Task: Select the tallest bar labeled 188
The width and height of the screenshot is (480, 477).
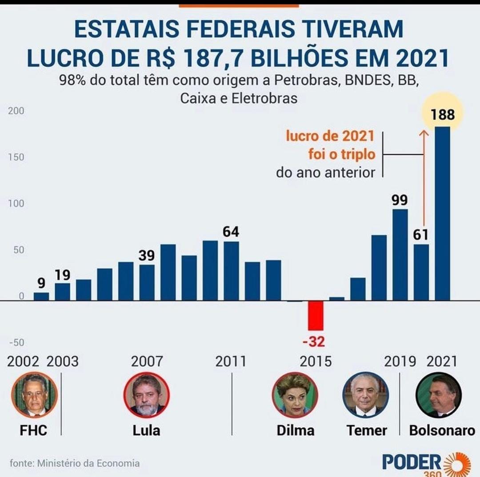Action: coord(442,213)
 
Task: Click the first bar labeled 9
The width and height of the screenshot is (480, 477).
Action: coord(41,296)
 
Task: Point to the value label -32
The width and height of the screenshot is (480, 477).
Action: coord(314,342)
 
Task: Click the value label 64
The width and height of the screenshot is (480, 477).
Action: coord(231,232)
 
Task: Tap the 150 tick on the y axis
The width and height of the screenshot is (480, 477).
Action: coord(16,157)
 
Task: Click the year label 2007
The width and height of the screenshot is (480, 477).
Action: coord(147,361)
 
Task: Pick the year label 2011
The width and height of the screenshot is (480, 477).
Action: coord(231,361)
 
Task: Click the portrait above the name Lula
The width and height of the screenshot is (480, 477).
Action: coord(147,395)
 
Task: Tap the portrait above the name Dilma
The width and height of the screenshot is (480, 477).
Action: coord(295,395)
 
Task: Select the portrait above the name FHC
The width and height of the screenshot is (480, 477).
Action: coord(34,395)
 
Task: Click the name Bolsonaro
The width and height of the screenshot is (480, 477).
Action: coord(442,430)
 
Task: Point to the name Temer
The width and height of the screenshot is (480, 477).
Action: coord(367,430)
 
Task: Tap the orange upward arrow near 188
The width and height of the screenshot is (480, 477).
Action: coord(424,178)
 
